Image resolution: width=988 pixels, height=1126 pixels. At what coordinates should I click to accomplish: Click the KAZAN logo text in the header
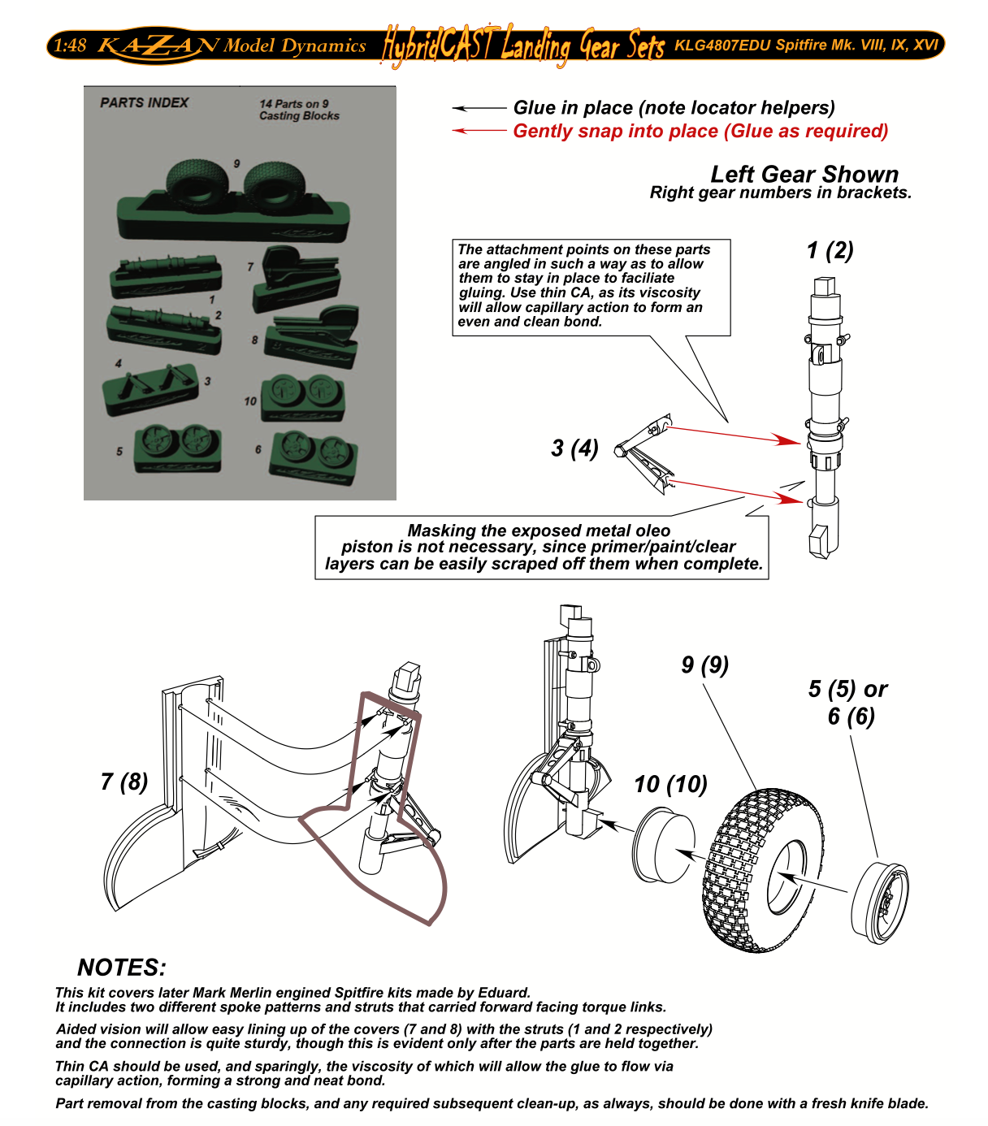tap(158, 45)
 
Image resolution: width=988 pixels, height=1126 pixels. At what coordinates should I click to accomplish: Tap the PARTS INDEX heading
tap(144, 103)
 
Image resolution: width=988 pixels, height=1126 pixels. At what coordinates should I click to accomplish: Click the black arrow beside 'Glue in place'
tap(479, 108)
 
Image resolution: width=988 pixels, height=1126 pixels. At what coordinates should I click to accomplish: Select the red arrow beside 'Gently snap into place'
tap(479, 131)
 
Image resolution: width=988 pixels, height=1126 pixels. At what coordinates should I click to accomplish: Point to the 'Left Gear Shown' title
tap(804, 175)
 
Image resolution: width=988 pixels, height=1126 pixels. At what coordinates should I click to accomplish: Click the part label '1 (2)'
tap(830, 250)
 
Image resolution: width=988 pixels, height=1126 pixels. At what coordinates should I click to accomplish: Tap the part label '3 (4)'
tap(574, 448)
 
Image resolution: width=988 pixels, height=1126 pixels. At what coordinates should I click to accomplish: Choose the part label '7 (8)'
tap(124, 782)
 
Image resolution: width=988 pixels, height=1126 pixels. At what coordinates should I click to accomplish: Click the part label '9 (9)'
tap(704, 665)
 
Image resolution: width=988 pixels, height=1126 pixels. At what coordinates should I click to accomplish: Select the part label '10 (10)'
tap(670, 784)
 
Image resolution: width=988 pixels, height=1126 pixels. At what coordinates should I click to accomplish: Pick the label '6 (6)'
tap(851, 717)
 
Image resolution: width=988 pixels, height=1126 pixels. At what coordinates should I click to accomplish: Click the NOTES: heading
tap(122, 968)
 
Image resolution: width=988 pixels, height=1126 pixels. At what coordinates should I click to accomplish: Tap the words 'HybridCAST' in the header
tap(439, 45)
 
